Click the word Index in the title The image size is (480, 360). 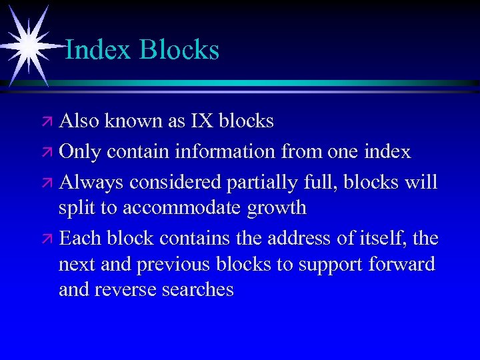98,50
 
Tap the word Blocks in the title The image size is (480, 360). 179,50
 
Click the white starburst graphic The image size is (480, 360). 28,44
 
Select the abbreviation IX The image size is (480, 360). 202,121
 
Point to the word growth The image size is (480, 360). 276,209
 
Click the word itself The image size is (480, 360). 388,237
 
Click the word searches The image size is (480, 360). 200,290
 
